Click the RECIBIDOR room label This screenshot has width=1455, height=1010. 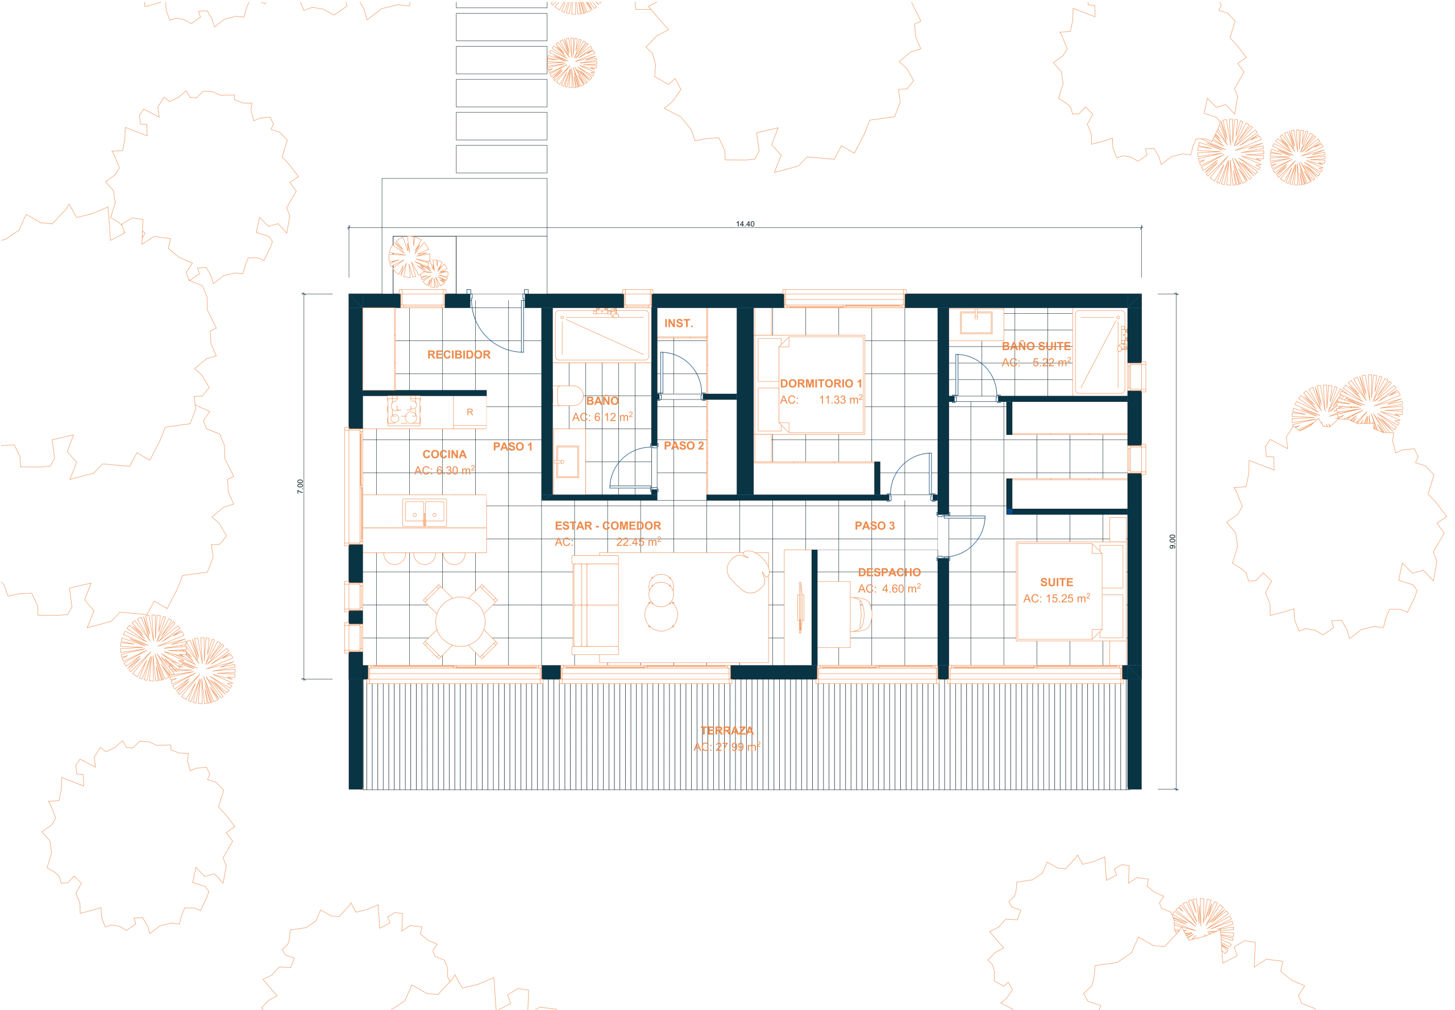click(x=458, y=355)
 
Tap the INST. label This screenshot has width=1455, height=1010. click(x=679, y=323)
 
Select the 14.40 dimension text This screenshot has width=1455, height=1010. click(x=745, y=224)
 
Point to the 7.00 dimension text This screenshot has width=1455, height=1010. click(x=300, y=486)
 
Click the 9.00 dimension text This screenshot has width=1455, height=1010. click(x=1172, y=542)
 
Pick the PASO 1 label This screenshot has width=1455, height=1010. click(x=513, y=446)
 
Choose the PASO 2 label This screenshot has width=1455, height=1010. click(x=684, y=446)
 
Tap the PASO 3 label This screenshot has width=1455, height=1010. click(x=875, y=525)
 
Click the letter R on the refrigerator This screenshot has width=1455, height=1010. click(x=469, y=412)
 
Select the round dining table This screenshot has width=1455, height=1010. click(x=460, y=621)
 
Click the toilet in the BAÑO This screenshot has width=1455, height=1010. click(x=569, y=396)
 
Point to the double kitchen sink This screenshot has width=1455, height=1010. click(x=425, y=513)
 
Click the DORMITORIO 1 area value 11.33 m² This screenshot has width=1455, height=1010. click(x=841, y=400)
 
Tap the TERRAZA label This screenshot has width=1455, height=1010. click(x=726, y=730)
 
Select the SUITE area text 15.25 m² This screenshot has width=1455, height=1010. click(x=1068, y=598)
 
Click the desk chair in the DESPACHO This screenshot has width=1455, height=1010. click(x=860, y=614)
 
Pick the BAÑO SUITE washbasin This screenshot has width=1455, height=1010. click(x=975, y=322)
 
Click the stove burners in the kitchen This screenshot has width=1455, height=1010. click(x=404, y=412)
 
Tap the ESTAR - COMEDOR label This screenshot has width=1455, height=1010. click(x=608, y=525)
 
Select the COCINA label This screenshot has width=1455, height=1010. click(x=444, y=454)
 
